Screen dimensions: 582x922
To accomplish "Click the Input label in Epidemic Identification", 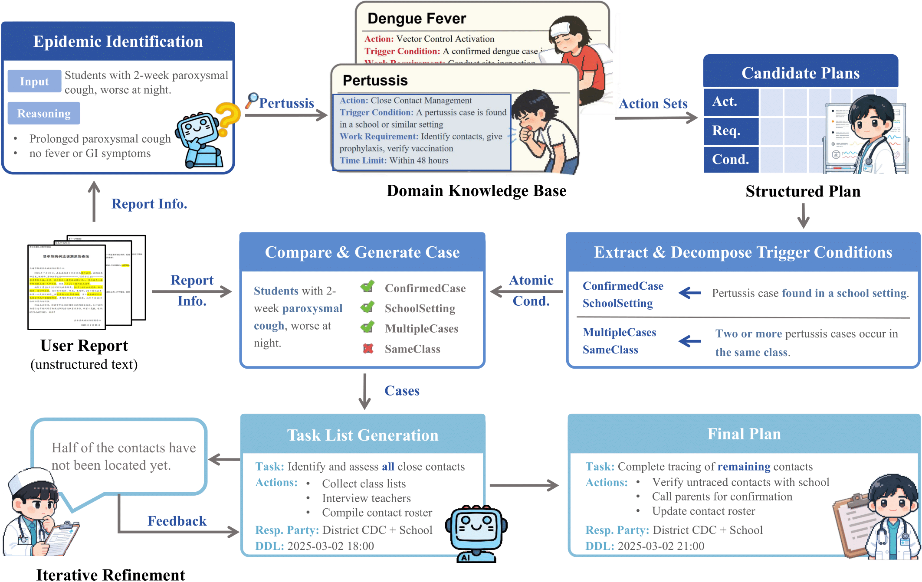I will coord(34,81).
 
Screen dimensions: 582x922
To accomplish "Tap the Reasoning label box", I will coord(44,113).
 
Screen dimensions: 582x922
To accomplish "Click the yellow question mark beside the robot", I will coord(228,118).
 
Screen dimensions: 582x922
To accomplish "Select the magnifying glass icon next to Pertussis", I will coord(252,100).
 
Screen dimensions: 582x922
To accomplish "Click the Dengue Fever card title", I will coord(417,19).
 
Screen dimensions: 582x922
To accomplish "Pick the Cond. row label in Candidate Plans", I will coord(731,160).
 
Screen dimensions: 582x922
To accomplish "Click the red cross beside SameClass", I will coord(368,348).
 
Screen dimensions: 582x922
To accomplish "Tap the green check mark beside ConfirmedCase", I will coord(367,286).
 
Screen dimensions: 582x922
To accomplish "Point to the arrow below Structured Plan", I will coord(803,216).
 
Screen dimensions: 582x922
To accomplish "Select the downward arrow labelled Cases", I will coord(364,391).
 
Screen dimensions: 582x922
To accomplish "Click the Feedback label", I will coord(177,521).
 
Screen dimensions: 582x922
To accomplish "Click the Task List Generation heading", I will coord(363,435).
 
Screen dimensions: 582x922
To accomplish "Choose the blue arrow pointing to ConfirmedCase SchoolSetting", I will coord(689,293).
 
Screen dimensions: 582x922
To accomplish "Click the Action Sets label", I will coord(653,104).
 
